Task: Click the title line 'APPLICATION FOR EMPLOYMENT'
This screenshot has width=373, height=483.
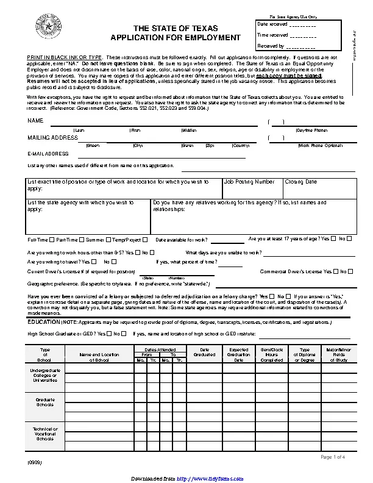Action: (x=175, y=38)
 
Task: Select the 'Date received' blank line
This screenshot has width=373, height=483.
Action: (x=302, y=26)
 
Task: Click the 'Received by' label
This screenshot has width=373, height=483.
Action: (x=271, y=46)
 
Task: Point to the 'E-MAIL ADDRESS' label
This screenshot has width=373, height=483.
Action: (x=48, y=154)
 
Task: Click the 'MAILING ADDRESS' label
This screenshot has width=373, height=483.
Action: (x=52, y=138)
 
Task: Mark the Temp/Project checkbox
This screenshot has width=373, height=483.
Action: (x=145, y=240)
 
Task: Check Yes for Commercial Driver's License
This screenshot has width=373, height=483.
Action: (x=335, y=271)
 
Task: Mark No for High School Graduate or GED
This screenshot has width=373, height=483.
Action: (x=124, y=334)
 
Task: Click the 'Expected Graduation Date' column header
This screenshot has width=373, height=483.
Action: (x=238, y=355)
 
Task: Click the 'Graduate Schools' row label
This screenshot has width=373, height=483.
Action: (x=45, y=402)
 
